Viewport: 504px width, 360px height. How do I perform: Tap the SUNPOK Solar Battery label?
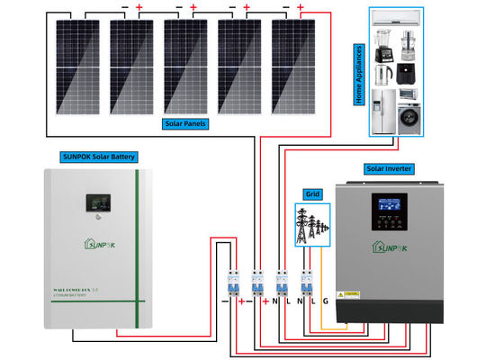[x=98, y=157]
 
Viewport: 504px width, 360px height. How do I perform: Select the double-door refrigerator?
[x=382, y=112]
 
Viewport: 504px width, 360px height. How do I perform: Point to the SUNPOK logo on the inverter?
[x=390, y=247]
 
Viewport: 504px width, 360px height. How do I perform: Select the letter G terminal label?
[x=326, y=301]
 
